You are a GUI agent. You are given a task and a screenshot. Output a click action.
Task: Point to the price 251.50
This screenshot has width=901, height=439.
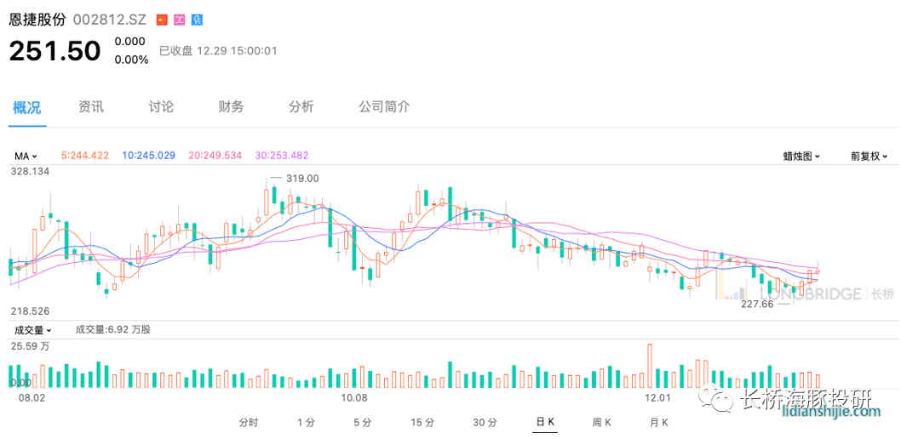click(55, 51)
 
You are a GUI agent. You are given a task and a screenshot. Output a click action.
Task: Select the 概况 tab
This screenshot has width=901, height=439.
click(26, 107)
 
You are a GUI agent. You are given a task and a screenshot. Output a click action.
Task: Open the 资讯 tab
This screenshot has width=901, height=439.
click(91, 107)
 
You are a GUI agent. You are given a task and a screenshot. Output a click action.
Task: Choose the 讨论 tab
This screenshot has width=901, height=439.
click(161, 107)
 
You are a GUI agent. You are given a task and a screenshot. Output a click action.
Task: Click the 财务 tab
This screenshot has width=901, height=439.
click(231, 107)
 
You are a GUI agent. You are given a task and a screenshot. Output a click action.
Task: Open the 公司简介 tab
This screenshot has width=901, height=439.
click(383, 107)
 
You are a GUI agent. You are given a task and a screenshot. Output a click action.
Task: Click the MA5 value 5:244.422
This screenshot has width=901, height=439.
click(85, 156)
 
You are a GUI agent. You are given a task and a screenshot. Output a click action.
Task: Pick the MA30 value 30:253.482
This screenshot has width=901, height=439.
click(282, 156)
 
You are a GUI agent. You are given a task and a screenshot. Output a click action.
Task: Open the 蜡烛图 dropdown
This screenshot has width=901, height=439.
click(801, 157)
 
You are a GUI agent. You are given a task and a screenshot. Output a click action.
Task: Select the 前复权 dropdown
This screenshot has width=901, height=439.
click(869, 157)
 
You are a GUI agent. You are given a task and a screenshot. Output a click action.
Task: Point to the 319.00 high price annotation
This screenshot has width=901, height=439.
click(302, 178)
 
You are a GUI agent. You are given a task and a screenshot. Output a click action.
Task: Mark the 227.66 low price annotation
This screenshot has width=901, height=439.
click(756, 304)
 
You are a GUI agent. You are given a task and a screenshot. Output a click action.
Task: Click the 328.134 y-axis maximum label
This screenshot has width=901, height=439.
click(30, 171)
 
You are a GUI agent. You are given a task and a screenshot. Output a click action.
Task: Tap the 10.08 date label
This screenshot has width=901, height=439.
click(353, 397)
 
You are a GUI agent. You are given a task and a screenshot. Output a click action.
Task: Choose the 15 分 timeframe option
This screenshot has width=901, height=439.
click(422, 422)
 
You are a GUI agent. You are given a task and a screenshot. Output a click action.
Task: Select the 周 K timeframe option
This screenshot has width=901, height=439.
click(602, 422)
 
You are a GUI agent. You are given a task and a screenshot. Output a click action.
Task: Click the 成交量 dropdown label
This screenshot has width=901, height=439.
click(32, 329)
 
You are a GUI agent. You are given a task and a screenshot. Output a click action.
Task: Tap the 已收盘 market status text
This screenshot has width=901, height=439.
click(176, 51)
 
